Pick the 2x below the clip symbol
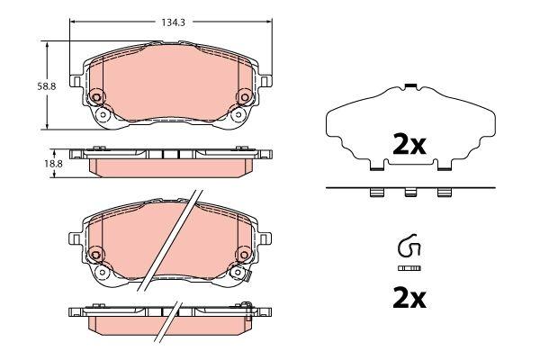[x=409, y=298]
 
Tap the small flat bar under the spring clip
[x=409, y=269]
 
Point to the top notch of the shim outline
[x=409, y=86]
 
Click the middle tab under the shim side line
[x=409, y=192]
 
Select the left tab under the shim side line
[x=376, y=192]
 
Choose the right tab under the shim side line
[x=443, y=192]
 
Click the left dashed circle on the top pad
[x=96, y=96]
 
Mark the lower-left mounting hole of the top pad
[x=103, y=115]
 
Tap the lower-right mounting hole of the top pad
[x=237, y=115]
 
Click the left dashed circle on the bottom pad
[x=96, y=255]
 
